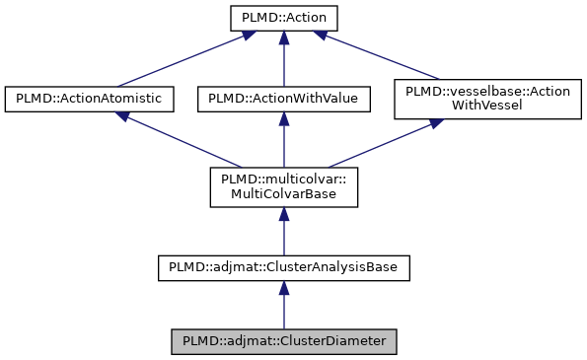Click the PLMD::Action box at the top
tap(283, 18)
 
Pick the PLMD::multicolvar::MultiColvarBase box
tap(283, 186)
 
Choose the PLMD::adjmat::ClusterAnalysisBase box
tap(283, 266)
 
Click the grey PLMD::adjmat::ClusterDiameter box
tap(283, 341)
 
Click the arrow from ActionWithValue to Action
tap(283, 59)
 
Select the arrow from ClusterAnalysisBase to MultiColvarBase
tap(283, 232)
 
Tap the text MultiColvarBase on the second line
tap(283, 194)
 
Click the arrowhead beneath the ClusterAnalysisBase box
tap(283, 287)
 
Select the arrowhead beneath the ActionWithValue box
tap(283, 118)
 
